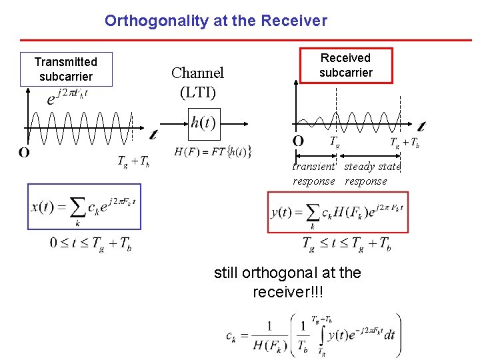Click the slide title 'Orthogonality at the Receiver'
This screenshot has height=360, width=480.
click(x=215, y=21)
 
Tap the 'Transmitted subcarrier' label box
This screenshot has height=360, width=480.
click(x=66, y=69)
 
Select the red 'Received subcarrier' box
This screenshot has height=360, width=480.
click(x=345, y=65)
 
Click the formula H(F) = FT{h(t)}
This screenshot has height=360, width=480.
click(x=212, y=152)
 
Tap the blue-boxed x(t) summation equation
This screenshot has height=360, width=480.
click(x=84, y=206)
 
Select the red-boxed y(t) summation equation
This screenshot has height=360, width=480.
click(x=337, y=212)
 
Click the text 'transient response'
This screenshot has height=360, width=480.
click(x=314, y=174)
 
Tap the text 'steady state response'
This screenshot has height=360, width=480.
click(x=371, y=174)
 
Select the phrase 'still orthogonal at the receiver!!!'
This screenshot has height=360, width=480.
click(x=287, y=282)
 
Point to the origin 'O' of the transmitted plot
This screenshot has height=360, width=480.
click(x=24, y=153)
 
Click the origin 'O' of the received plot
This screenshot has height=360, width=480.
click(x=298, y=141)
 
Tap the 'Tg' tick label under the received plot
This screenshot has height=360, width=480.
click(x=335, y=141)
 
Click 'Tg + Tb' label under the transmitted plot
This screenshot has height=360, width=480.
click(x=133, y=161)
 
